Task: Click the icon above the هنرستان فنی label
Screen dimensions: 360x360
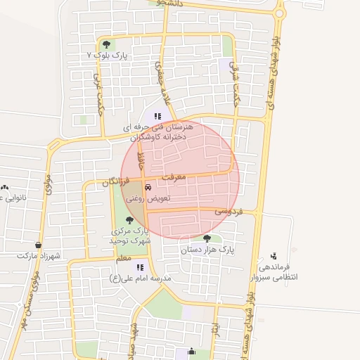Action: click(158, 116)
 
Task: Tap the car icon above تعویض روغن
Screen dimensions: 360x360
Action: click(148, 188)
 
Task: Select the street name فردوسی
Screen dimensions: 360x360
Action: click(229, 210)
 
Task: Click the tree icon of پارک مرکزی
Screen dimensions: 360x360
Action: click(129, 220)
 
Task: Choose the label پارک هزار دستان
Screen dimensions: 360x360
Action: click(206, 249)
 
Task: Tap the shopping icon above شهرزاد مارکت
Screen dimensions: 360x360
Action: click(37, 245)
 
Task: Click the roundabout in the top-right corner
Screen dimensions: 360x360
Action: click(280, 12)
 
